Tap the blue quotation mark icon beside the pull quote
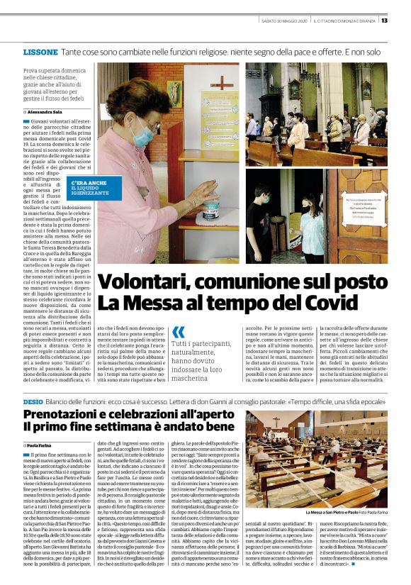pos(178,331)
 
